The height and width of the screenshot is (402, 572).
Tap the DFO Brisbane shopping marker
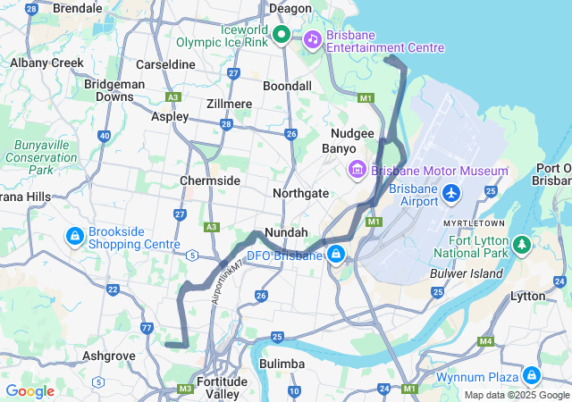[336, 255]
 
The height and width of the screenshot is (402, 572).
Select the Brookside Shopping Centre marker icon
[75, 237]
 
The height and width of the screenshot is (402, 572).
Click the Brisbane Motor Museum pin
[355, 170]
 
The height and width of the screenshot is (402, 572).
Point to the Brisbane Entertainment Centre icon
[312, 38]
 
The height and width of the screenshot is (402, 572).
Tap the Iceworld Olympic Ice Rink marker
[281, 35]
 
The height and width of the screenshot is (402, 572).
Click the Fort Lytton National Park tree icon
[521, 243]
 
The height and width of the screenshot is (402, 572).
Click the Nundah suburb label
[287, 231]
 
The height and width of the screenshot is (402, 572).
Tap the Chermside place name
[210, 180]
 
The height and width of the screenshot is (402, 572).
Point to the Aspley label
[170, 116]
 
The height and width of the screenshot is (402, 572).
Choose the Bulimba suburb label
[282, 364]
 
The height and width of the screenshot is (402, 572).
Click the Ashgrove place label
[108, 355]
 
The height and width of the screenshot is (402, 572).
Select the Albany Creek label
[46, 63]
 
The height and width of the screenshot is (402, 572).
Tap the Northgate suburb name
[301, 192]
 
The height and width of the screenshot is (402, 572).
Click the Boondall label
[287, 86]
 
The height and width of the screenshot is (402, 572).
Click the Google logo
[29, 391]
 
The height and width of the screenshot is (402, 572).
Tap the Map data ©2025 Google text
[516, 395]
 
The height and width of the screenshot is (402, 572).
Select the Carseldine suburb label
[165, 65]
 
